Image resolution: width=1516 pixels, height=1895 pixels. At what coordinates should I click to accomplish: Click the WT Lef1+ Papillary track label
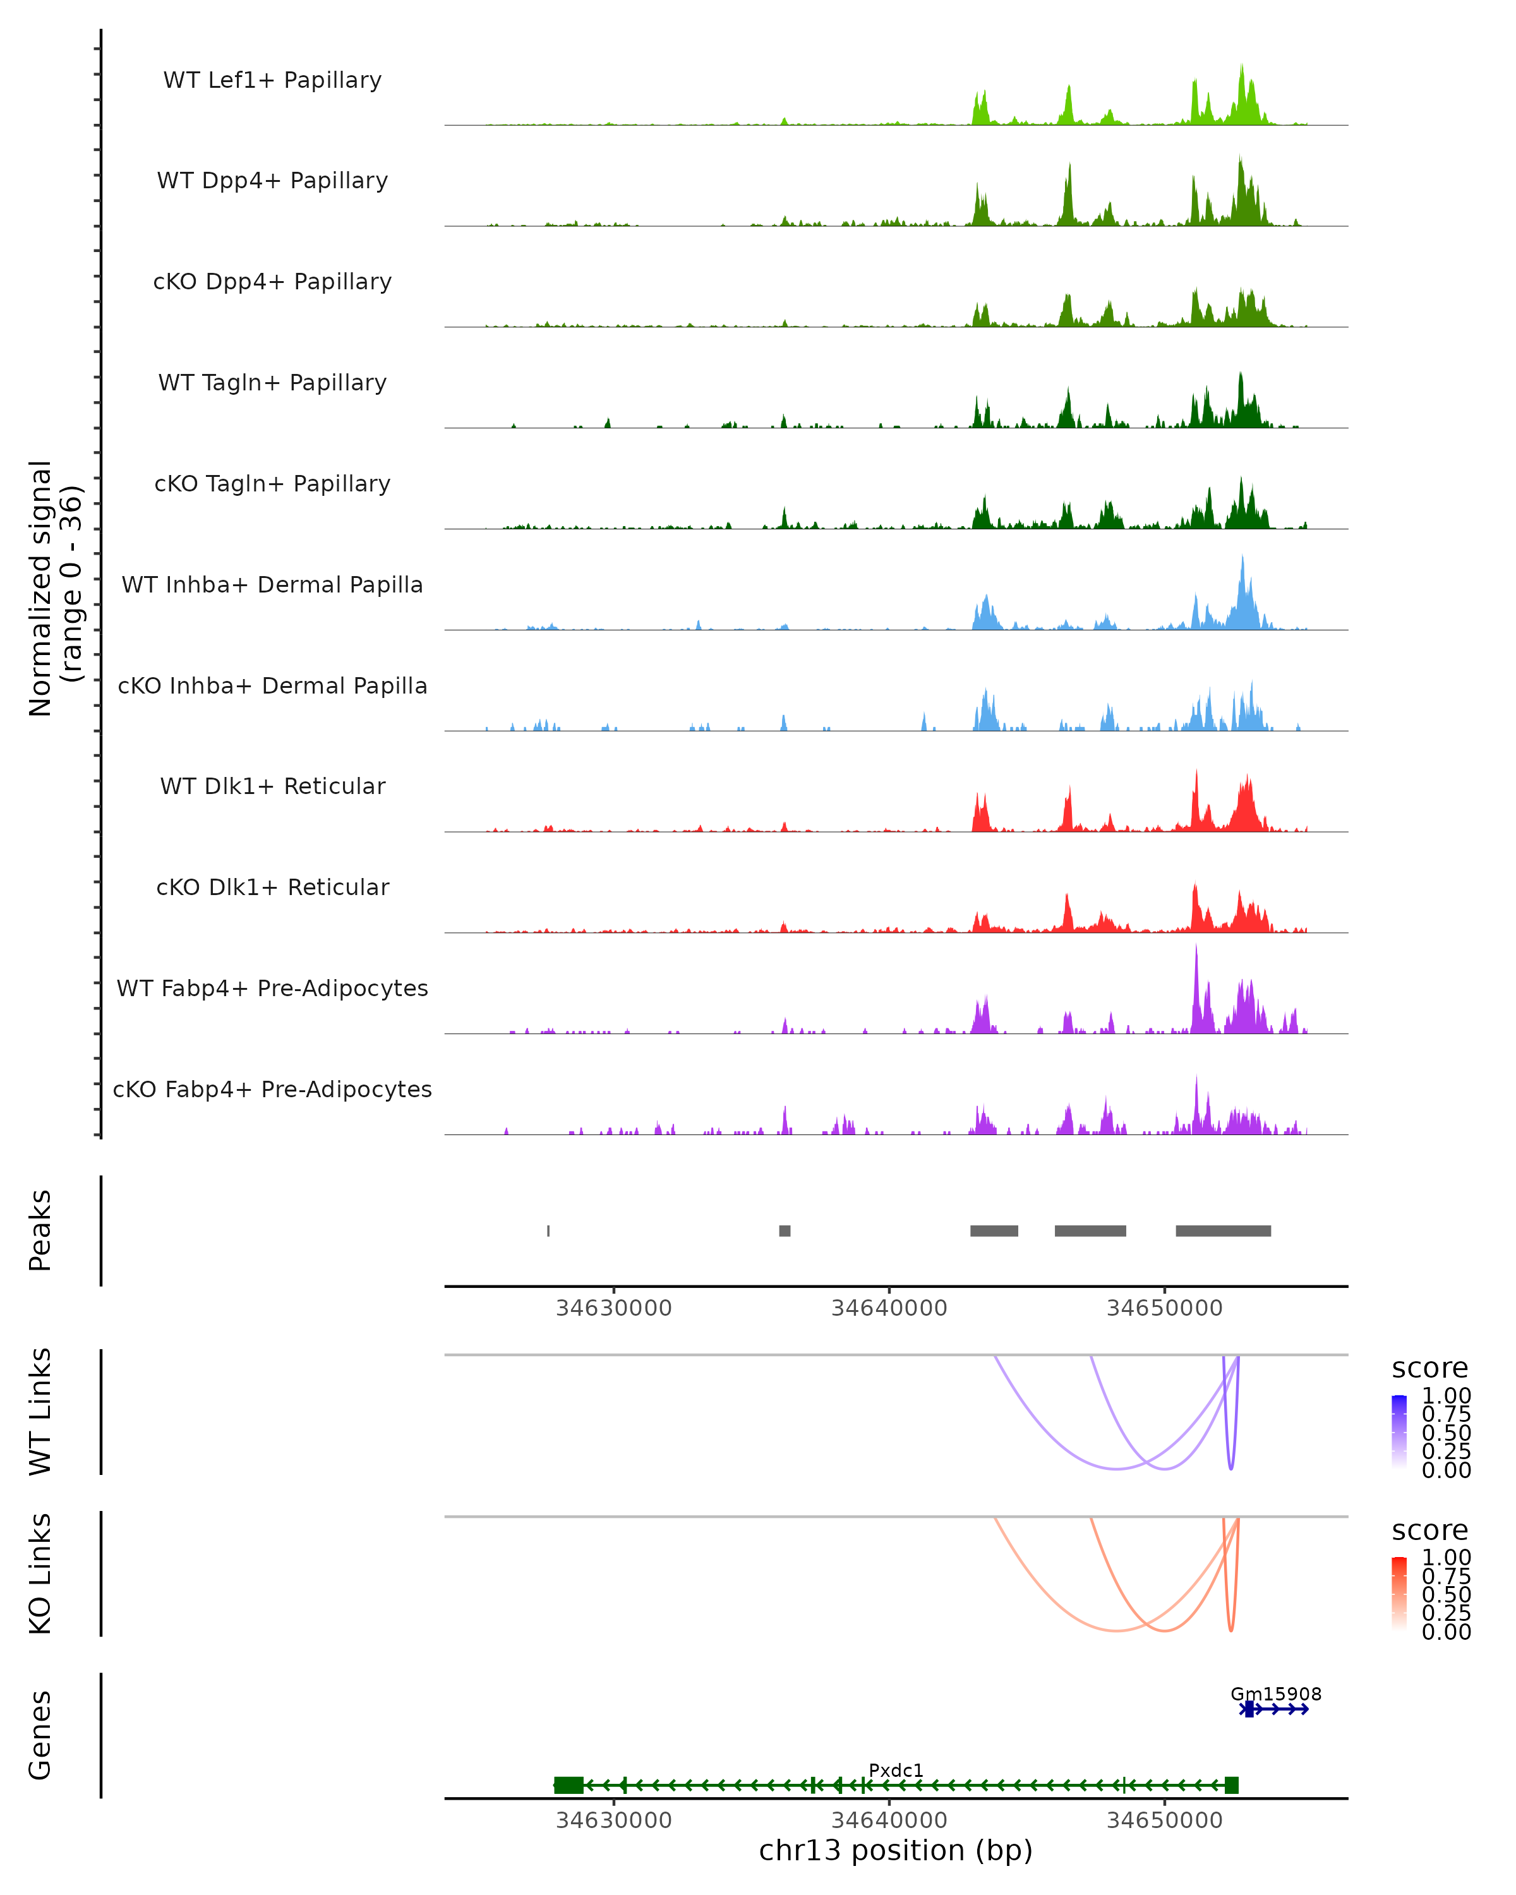point(272,80)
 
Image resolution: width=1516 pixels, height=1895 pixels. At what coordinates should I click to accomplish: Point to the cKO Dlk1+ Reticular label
point(272,887)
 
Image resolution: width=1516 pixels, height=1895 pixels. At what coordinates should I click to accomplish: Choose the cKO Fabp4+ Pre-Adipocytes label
point(272,1089)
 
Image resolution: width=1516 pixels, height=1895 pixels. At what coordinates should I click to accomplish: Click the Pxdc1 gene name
point(896,1770)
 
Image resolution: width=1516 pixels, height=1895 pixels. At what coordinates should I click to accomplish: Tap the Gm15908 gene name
point(1275,1693)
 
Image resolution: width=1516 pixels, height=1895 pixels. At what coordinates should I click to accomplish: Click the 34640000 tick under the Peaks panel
point(889,1308)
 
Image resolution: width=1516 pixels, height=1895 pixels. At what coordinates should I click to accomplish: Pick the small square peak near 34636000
point(785,1230)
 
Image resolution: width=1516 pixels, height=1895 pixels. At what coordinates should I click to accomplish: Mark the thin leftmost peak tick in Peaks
point(548,1230)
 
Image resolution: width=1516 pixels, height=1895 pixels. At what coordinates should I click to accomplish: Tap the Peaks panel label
point(40,1230)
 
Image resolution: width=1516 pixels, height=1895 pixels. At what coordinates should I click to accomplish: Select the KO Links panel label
point(40,1573)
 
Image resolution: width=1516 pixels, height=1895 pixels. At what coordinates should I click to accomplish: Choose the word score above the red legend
point(1430,1531)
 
